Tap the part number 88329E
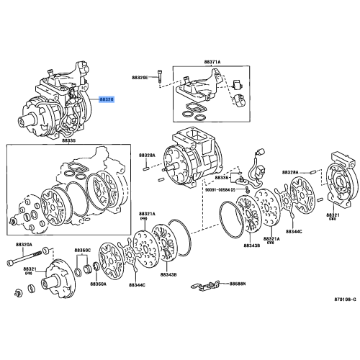(x=140, y=76)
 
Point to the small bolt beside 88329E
(x=159, y=77)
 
